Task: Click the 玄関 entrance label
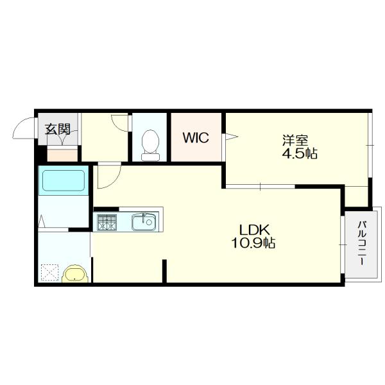58,129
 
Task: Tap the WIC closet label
196,137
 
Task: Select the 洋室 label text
295,141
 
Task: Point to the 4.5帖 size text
300,153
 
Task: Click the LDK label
255,230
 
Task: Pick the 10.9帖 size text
253,243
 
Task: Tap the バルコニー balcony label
362,243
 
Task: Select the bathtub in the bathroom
64,180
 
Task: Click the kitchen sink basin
144,222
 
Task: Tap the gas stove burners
107,223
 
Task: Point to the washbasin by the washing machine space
75,273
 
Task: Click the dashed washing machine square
50,273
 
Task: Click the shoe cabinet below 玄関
62,154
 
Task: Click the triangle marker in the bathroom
42,221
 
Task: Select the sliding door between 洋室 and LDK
261,187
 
